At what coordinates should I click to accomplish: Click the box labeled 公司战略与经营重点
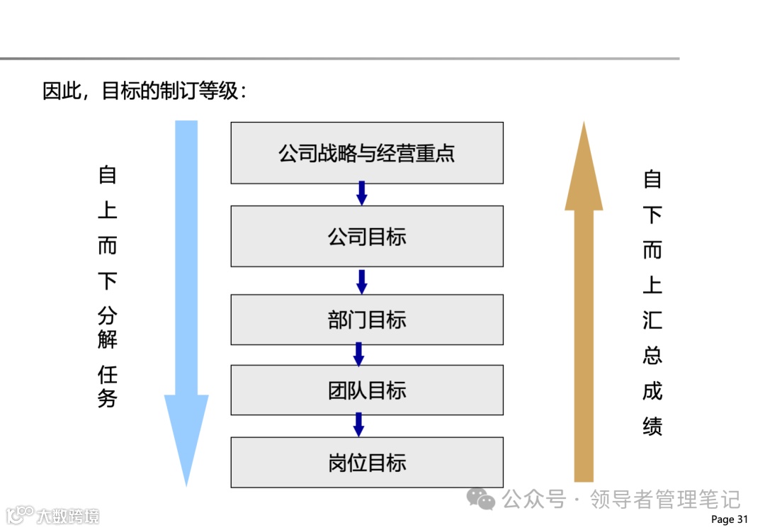pyautogui.click(x=367, y=153)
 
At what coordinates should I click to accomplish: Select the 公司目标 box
pyautogui.click(x=367, y=236)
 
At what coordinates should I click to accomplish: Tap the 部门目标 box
pyautogui.click(x=367, y=320)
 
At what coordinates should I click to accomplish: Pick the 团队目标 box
pyautogui.click(x=367, y=390)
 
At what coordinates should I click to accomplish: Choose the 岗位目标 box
pyautogui.click(x=367, y=462)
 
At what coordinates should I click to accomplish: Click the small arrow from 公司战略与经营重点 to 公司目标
pyautogui.click(x=361, y=193)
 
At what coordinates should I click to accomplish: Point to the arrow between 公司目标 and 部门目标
pyautogui.click(x=361, y=281)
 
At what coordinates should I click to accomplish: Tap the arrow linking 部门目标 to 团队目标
pyautogui.click(x=358, y=354)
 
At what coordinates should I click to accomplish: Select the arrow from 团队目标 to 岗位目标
pyautogui.click(x=358, y=425)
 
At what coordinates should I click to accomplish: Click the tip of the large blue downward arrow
pyautogui.click(x=186, y=483)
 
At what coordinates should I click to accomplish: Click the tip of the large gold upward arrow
pyautogui.click(x=584, y=125)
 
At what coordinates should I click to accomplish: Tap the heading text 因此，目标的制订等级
pyautogui.click(x=144, y=91)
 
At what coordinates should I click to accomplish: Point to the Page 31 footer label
pyautogui.click(x=729, y=519)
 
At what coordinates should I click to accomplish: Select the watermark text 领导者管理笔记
pyautogui.click(x=665, y=500)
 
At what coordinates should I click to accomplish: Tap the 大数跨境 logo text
pyautogui.click(x=68, y=515)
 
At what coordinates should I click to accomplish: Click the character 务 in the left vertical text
pyautogui.click(x=107, y=397)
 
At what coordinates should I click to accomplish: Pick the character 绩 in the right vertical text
pyautogui.click(x=652, y=426)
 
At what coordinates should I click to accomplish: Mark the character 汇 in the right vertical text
pyautogui.click(x=652, y=320)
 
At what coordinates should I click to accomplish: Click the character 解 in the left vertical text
pyautogui.click(x=107, y=339)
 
